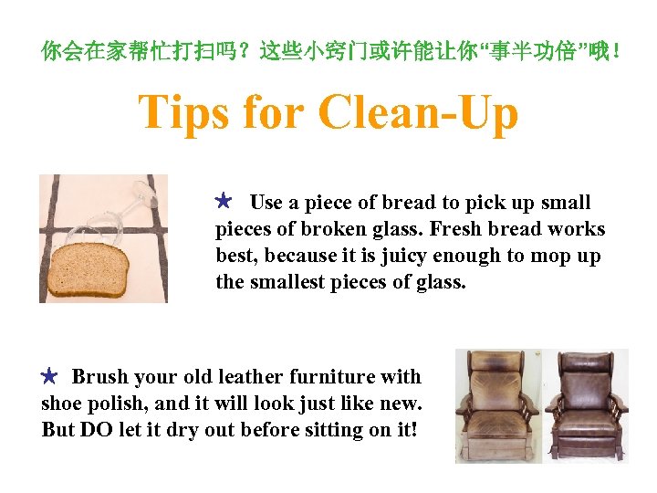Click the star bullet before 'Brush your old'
pyautogui.click(x=49, y=375)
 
